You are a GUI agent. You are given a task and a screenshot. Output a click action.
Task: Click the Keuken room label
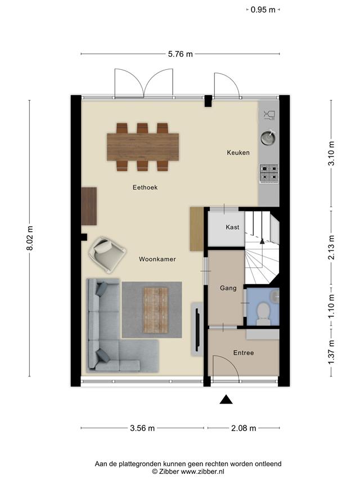pyautogui.click(x=238, y=152)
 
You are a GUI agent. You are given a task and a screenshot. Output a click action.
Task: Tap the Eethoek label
pyautogui.click(x=145, y=187)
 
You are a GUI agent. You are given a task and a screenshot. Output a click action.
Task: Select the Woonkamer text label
pyautogui.click(x=157, y=259)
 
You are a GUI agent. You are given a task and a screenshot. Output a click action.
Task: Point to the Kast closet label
pyautogui.click(x=232, y=227)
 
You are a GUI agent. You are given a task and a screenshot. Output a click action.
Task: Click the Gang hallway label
pyautogui.click(x=228, y=288)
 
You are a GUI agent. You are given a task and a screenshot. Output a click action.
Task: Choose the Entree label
pyautogui.click(x=244, y=353)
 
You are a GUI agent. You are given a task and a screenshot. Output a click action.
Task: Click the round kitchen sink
pyautogui.click(x=268, y=138)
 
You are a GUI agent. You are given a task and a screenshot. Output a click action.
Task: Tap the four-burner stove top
pyautogui.click(x=269, y=173)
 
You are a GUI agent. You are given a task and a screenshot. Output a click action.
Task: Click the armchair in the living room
pyautogui.click(x=107, y=255)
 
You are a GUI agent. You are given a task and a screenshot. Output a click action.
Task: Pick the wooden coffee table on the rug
pyautogui.click(x=155, y=310)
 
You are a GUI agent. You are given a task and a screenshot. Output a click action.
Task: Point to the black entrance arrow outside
pyautogui.click(x=226, y=400)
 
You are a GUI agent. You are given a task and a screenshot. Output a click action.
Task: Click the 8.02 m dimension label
pyautogui.click(x=30, y=238)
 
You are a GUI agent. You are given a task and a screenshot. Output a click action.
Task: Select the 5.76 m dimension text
pyautogui.click(x=181, y=54)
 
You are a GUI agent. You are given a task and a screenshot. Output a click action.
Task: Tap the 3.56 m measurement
pyautogui.click(x=142, y=428)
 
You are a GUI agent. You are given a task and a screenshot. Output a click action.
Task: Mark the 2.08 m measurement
pyautogui.click(x=244, y=428)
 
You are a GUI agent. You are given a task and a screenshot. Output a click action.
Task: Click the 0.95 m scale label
pyautogui.click(x=263, y=10)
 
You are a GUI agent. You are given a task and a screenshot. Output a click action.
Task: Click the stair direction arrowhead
pyautogui.click(x=262, y=241)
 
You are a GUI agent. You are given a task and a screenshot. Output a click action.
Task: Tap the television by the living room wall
pyautogui.click(x=197, y=330)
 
